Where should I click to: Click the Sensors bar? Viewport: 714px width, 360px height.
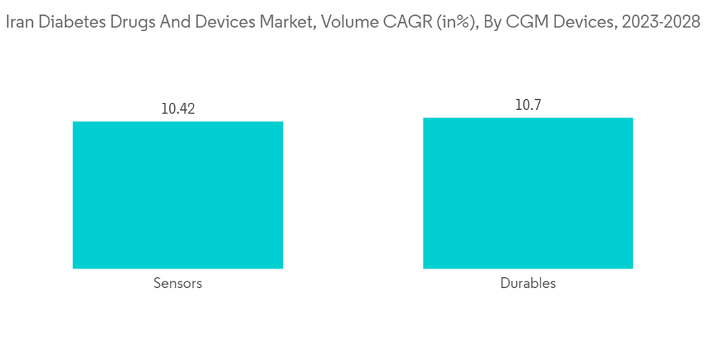(178, 195)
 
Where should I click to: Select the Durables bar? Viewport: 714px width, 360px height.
(528, 193)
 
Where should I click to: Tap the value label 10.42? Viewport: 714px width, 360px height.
(178, 109)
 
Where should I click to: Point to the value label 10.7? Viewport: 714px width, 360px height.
(528, 106)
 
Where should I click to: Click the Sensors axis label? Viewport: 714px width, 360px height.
(178, 284)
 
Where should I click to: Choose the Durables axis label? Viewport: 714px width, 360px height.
(528, 284)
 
